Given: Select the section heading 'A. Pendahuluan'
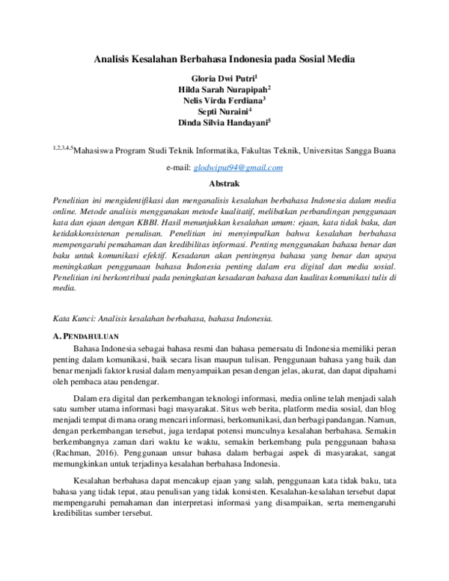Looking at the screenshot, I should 88,335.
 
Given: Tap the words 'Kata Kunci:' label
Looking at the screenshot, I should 77,318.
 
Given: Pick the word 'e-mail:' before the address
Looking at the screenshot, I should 178,168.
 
